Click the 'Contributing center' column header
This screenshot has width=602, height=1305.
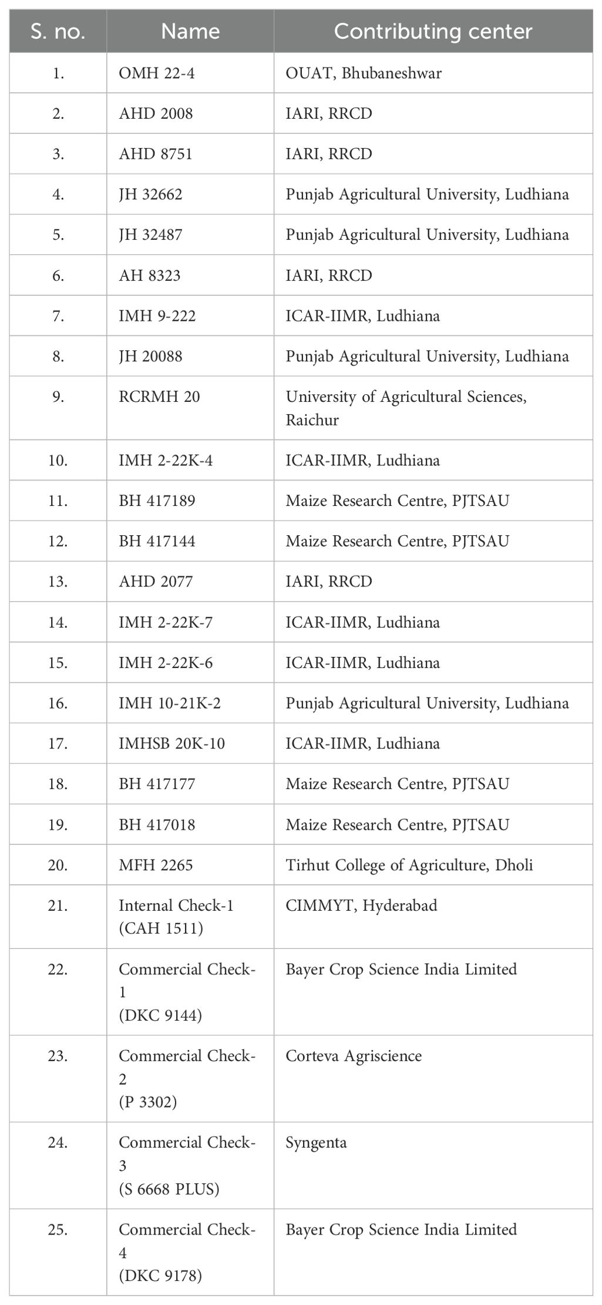433,31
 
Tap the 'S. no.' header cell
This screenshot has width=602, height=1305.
58,31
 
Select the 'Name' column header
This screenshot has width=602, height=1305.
190,31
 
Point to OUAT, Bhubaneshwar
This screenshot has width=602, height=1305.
364,73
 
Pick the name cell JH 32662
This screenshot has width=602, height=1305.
150,194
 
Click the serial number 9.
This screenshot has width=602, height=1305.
58,397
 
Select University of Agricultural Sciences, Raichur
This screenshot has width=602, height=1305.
406,408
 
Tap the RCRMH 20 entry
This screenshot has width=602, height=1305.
159,397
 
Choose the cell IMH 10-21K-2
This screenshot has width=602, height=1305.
170,703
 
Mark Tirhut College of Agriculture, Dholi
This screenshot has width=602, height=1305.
409,865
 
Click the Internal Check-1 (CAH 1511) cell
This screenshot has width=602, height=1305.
176,917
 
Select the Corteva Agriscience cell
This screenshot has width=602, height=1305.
354,1056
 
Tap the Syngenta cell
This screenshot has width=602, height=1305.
316,1143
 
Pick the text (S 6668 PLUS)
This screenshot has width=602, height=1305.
169,1189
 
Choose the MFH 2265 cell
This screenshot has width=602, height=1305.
156,865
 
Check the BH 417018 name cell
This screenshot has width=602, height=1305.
157,825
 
